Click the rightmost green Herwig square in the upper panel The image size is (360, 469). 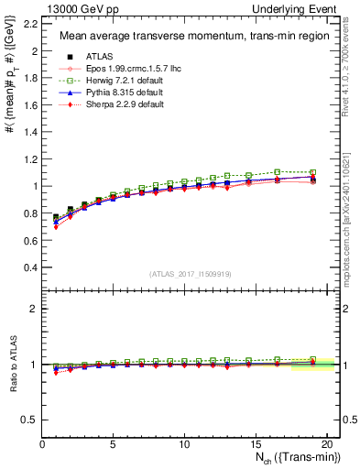312,172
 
